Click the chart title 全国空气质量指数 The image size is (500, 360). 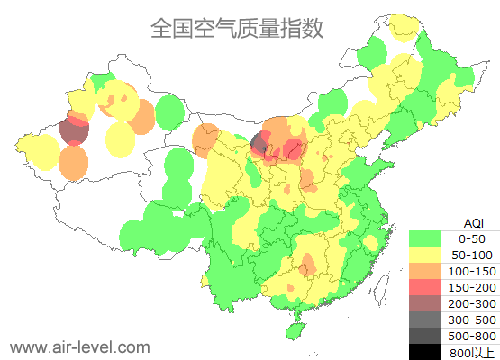point(237,28)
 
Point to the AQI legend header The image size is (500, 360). point(473,222)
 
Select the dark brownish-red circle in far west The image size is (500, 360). point(74,132)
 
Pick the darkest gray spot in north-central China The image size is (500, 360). point(259,142)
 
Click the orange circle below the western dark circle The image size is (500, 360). point(74,162)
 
